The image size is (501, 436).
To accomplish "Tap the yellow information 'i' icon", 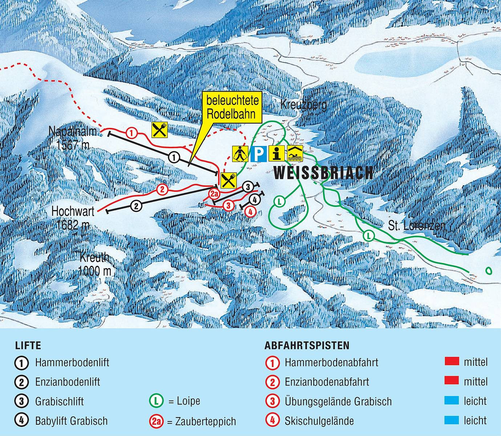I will point(277,154).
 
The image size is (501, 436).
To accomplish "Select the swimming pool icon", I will point(295,154).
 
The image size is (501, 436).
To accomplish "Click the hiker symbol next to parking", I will point(240,154).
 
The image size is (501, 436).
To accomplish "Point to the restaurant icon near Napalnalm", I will point(159,130).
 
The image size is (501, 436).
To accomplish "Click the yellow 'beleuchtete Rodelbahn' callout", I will point(233,109).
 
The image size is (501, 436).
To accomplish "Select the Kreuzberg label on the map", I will point(303,105).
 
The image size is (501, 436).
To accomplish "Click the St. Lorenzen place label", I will point(416,226).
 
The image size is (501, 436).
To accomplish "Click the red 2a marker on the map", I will point(214,193).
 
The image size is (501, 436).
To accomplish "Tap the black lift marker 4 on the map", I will point(254,199).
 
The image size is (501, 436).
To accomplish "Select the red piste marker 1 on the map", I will point(132,133).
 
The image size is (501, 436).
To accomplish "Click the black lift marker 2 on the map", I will point(136,206).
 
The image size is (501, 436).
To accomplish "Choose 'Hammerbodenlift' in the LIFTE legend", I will point(72,362).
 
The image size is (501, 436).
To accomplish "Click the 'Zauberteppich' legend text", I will point(201,421).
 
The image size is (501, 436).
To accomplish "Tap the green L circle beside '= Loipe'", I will point(156,401).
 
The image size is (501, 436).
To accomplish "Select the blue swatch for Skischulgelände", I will point(452,420).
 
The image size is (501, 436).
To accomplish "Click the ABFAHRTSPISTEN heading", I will point(307,345).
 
